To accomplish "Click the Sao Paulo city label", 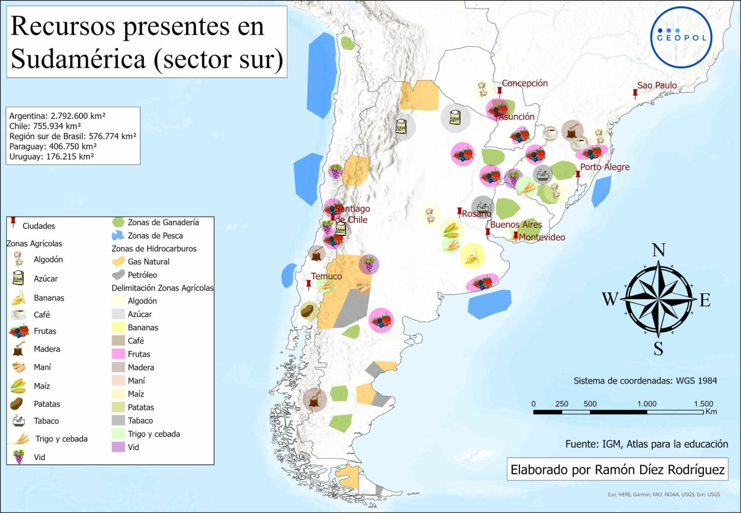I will [657, 85].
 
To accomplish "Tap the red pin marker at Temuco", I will [309, 285].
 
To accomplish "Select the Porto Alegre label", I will [604, 167].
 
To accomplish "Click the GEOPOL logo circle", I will [681, 37].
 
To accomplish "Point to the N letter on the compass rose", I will [659, 250].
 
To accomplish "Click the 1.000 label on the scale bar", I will [646, 404].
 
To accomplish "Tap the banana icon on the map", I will [472, 256].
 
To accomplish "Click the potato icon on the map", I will [308, 311].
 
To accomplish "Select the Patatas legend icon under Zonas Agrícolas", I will [16, 404].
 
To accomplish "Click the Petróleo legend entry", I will [142, 275].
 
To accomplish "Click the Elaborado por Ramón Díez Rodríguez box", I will [617, 469].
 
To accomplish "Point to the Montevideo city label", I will [542, 237].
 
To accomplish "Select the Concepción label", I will [524, 83].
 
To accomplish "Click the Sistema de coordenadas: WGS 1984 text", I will [645, 380].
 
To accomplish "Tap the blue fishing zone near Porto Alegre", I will [601, 191].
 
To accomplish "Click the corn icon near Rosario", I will [452, 229].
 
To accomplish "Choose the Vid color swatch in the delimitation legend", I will [118, 447].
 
